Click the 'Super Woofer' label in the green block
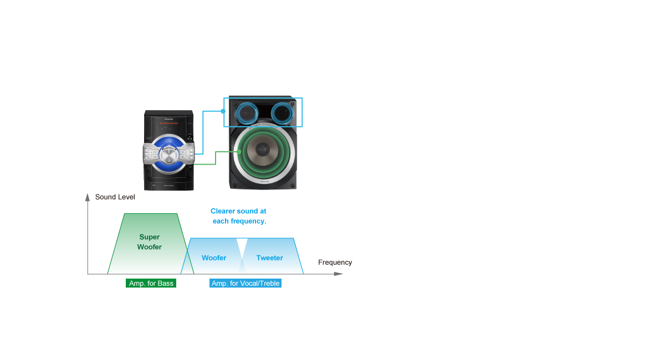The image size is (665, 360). point(149,242)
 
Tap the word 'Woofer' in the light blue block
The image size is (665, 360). point(214,258)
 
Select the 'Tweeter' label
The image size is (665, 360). point(270,258)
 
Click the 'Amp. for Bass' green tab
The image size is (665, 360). point(151,283)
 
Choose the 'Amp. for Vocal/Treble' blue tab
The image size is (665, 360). point(245,283)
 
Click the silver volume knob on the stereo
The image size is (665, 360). point(167,153)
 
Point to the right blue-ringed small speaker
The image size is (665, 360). point(282,114)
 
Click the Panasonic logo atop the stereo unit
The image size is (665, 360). point(167,118)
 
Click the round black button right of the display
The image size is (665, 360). point(189,128)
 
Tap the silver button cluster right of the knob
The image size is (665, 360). point(186,153)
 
